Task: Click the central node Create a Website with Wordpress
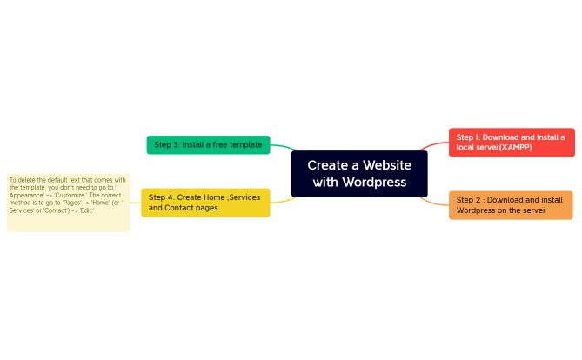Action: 358,173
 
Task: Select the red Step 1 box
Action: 512,143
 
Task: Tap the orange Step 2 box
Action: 510,205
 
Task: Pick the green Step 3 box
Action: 208,144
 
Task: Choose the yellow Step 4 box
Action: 205,203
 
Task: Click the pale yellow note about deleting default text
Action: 68,203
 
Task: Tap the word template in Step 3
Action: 244,144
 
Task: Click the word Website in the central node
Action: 387,164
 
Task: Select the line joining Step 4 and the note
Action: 135,203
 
